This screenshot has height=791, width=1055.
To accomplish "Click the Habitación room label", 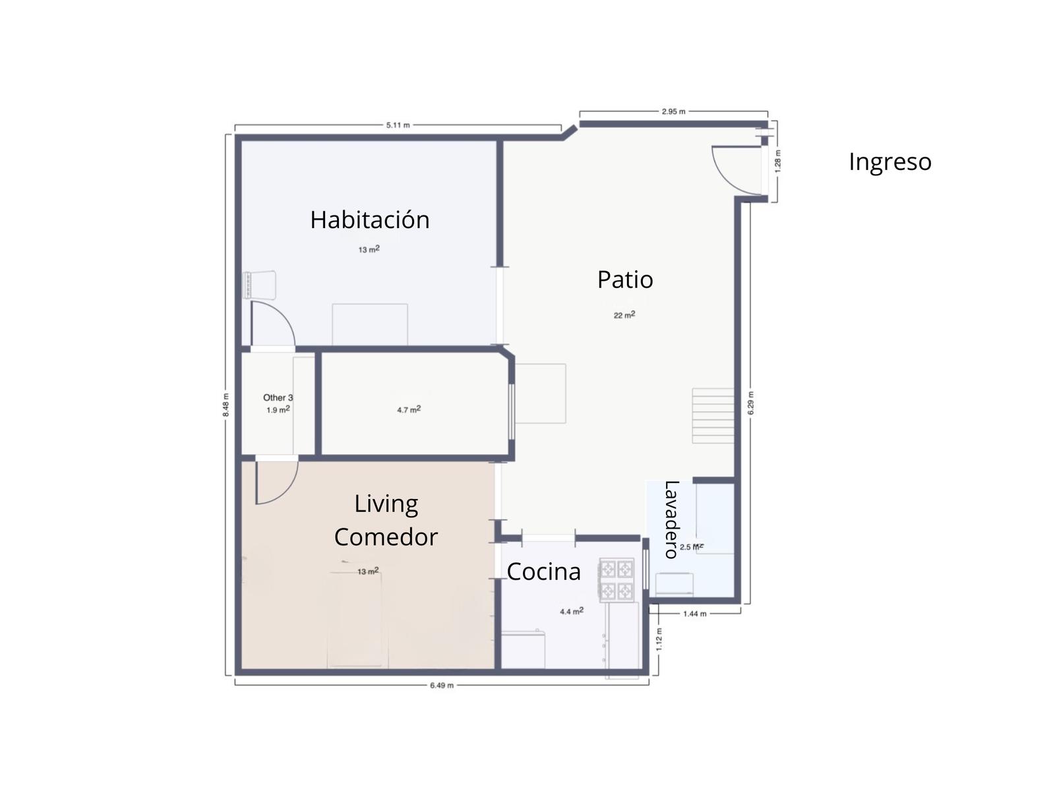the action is (369, 220).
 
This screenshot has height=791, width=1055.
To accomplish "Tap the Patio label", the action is (625, 279).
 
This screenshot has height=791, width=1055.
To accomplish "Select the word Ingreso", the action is (889, 162).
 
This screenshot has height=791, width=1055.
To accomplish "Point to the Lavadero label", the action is (671, 519).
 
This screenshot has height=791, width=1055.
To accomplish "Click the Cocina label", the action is (543, 571).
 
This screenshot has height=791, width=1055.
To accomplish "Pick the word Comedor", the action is (386, 537).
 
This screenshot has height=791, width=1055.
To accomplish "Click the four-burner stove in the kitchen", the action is (617, 579).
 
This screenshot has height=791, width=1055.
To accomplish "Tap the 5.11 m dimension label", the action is (398, 125).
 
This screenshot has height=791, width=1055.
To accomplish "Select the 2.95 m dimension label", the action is (673, 111).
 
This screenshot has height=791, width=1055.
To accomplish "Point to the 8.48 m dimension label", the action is (226, 405).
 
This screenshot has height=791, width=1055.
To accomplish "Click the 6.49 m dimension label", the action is (442, 686).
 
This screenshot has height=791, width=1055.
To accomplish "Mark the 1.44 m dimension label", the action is (694, 614).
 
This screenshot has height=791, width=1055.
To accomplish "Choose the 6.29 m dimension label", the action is (751, 403).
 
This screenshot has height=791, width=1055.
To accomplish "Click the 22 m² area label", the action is (624, 315).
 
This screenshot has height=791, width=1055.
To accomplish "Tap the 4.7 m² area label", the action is (409, 409).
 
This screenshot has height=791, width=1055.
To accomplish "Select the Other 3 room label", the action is (278, 397).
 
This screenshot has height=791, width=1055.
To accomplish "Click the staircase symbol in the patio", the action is (713, 416).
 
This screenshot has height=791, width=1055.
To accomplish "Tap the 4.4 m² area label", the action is (572, 612).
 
